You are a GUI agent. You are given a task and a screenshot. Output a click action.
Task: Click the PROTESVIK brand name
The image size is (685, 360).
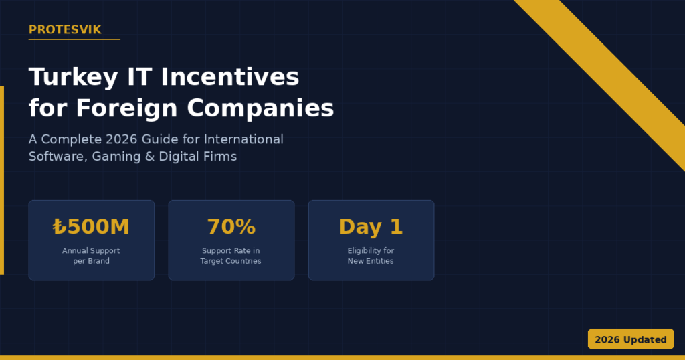(65, 29)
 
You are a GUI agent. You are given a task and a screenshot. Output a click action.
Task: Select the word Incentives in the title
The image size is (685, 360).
(230, 78)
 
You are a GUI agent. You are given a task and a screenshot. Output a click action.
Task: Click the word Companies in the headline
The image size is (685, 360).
(260, 108)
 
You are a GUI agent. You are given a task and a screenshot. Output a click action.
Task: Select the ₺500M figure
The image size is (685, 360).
(92, 227)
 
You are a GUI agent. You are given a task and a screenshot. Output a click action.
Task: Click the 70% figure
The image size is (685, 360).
(231, 227)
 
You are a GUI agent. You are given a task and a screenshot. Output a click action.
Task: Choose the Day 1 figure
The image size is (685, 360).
(371, 227)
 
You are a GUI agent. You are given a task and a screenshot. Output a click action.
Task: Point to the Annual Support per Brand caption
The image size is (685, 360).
(92, 256)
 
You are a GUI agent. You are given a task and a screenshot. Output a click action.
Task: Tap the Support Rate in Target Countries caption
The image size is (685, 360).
(231, 256)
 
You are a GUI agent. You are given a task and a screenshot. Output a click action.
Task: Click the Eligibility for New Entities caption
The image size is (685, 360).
(371, 256)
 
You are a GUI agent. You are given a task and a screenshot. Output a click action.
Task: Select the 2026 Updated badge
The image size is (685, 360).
(630, 339)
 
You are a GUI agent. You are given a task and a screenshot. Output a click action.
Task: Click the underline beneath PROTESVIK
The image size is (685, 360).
(74, 39)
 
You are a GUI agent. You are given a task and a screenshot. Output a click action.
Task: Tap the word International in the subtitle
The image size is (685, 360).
(243, 139)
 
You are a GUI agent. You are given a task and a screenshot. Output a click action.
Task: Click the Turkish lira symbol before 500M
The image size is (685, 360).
(60, 228)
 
